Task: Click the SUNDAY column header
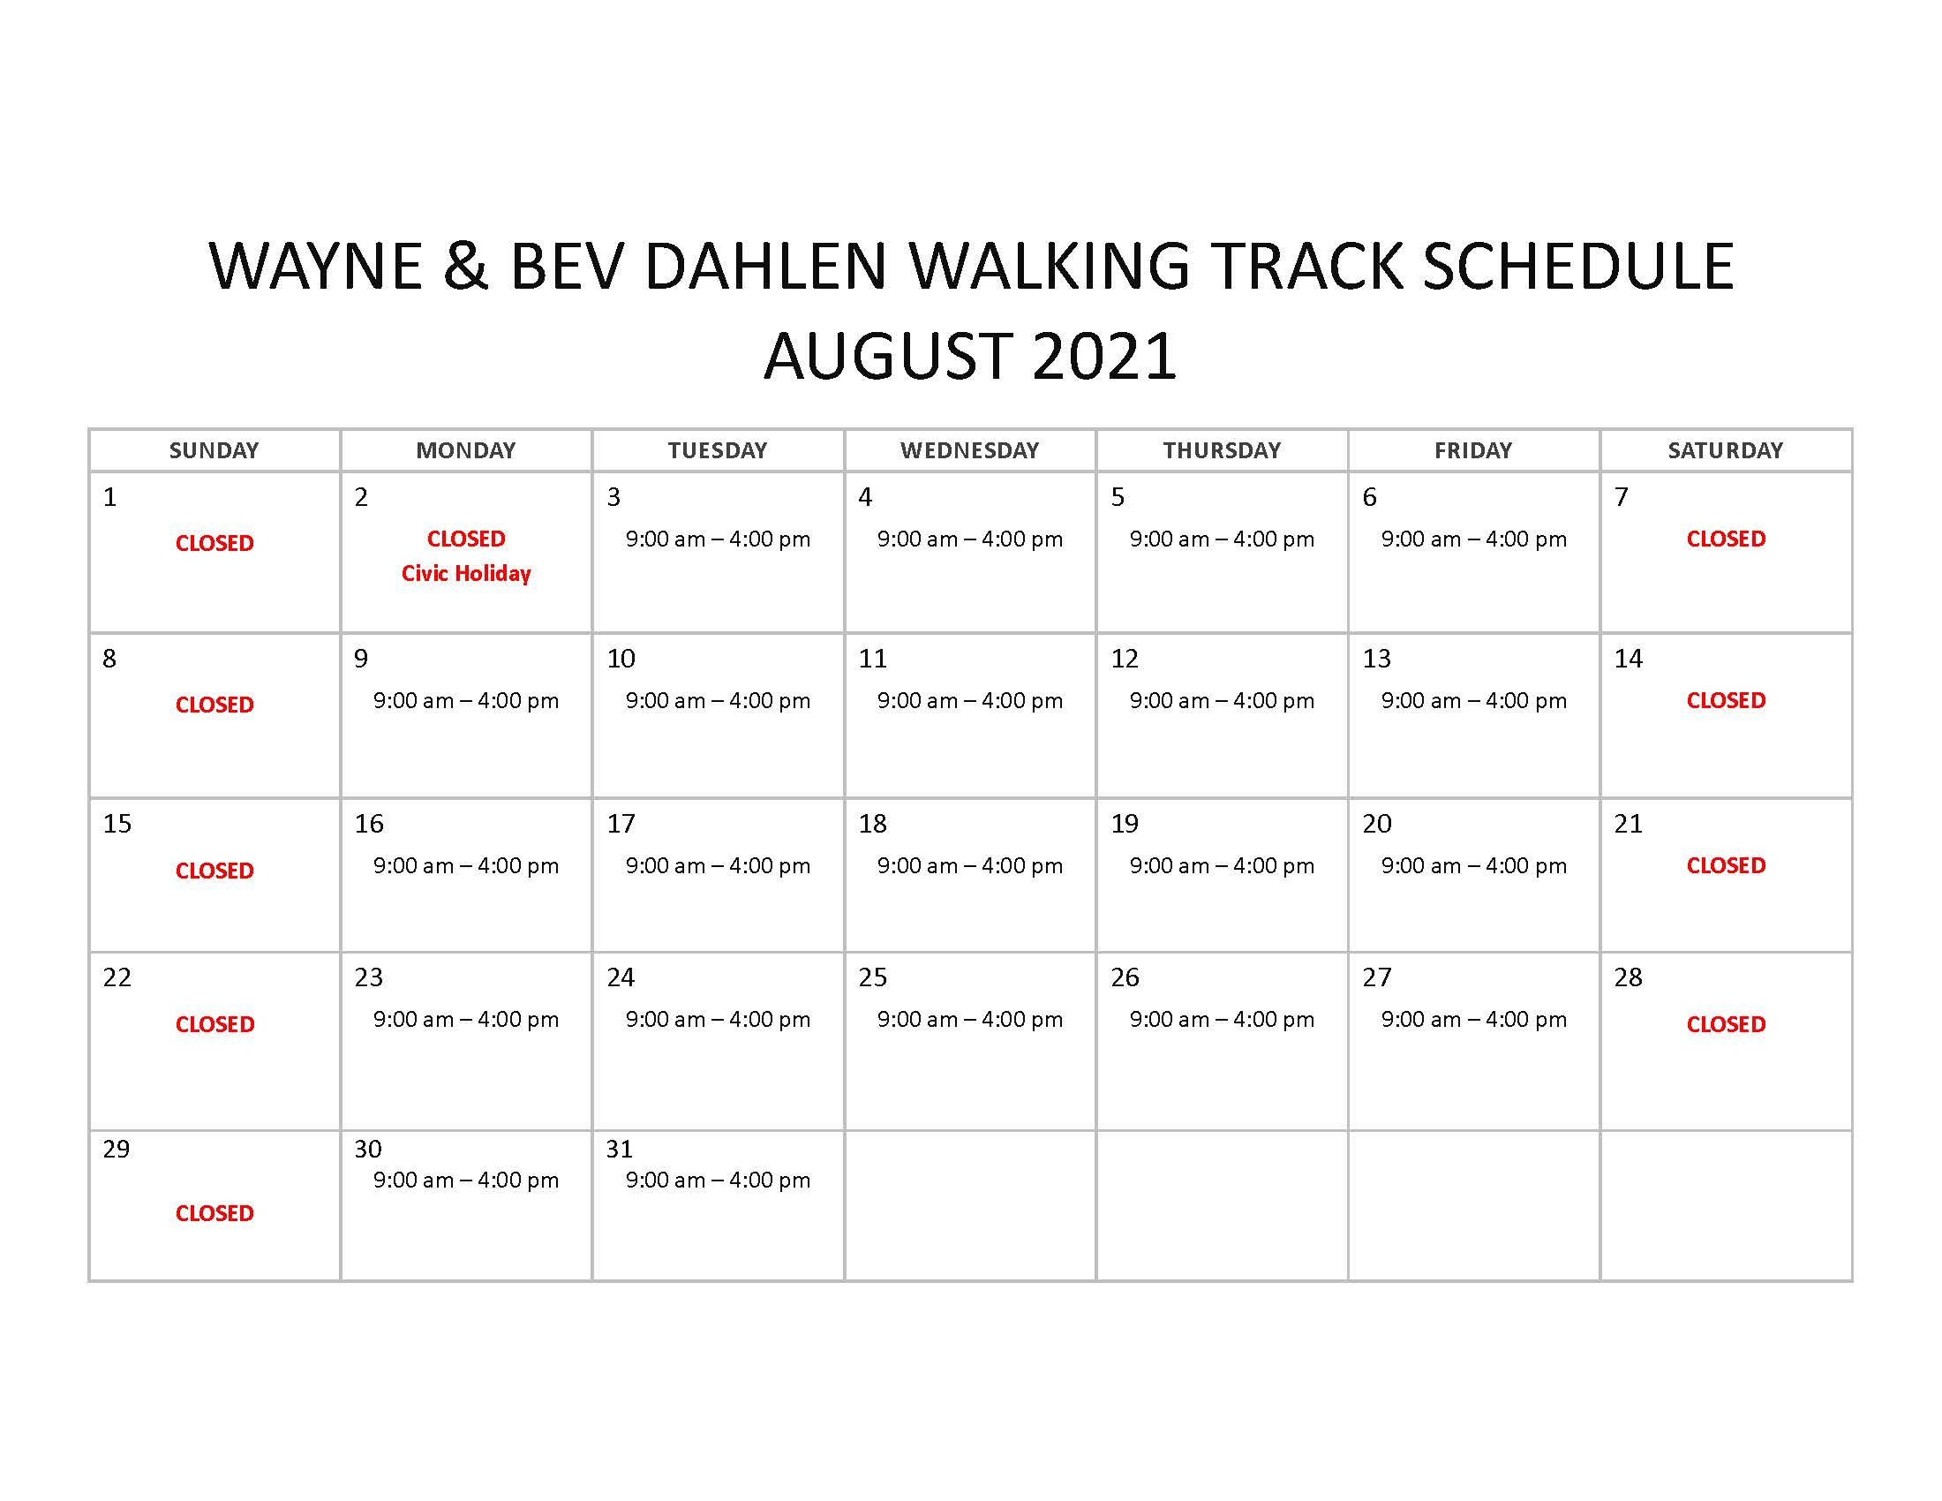tap(214, 450)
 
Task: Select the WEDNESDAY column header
tap(969, 450)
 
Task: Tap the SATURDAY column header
tap(1725, 450)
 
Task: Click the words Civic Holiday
tap(466, 574)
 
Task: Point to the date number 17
tap(621, 824)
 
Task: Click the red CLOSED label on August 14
tap(1726, 701)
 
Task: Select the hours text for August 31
tap(718, 1180)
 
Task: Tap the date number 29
tap(117, 1149)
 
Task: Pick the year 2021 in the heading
tap(1104, 356)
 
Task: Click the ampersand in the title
tap(465, 266)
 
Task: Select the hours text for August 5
tap(1222, 539)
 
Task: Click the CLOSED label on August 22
tap(215, 1024)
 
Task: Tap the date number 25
tap(872, 977)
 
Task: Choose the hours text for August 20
tap(1473, 865)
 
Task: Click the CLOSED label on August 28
tap(1726, 1024)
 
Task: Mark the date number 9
tap(361, 658)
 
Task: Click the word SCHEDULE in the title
tap(1578, 266)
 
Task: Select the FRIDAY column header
tap(1473, 450)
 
